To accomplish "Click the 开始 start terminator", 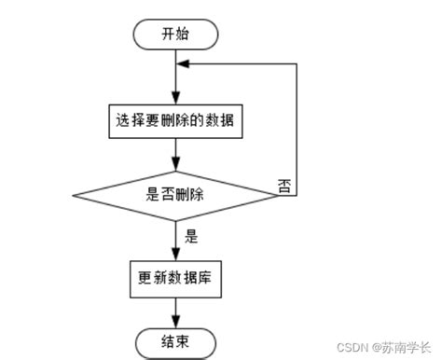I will (x=176, y=35).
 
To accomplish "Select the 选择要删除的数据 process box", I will (x=176, y=120).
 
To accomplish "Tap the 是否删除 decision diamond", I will (x=176, y=195).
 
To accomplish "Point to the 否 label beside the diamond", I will (x=284, y=185).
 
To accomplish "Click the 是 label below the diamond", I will (x=191, y=236).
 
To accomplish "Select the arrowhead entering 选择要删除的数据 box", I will (x=176, y=98).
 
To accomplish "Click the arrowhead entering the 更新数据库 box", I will (x=176, y=255).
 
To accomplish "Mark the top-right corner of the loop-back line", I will (x=297, y=64).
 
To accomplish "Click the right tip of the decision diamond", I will (x=279, y=195).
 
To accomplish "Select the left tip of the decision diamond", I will (x=74, y=195).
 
